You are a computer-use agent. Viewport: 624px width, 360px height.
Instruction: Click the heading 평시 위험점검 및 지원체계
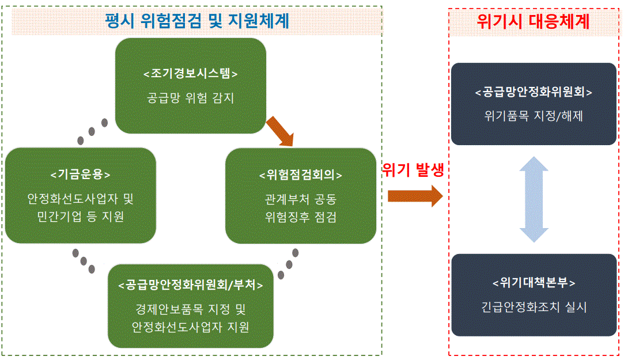[197, 21]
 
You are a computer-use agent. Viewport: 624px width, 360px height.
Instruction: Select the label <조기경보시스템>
[191, 74]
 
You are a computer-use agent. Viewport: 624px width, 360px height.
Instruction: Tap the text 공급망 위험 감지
[191, 98]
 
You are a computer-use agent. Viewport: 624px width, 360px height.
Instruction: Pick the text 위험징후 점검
[301, 218]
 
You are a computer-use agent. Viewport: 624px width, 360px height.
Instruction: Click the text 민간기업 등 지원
[81, 218]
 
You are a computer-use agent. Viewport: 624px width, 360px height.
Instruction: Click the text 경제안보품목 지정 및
[191, 309]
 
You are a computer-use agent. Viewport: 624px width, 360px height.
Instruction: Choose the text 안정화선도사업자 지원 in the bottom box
[191, 328]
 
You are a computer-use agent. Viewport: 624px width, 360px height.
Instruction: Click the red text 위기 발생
[414, 172]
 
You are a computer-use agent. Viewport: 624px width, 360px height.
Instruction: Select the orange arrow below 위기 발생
[414, 196]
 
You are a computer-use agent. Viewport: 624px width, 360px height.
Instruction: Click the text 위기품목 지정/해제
[534, 116]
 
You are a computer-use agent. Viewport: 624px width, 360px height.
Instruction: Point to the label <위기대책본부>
[534, 283]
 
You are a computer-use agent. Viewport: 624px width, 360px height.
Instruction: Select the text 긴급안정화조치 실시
[534, 307]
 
